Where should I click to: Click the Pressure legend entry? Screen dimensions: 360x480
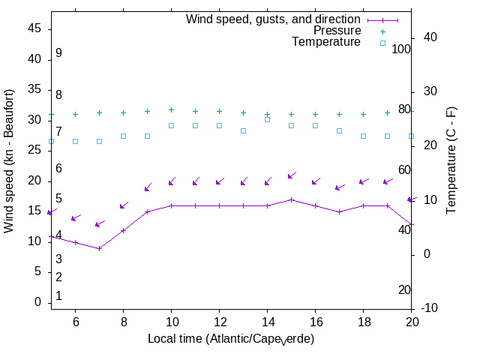coord(337,31)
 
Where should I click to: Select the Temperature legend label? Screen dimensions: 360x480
coord(326,42)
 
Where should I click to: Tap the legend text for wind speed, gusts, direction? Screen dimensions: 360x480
coord(274,19)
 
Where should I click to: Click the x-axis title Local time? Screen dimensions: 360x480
coord(230,339)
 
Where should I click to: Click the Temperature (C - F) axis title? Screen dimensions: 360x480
coord(452,159)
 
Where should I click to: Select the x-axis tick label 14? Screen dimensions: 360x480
coord(267,321)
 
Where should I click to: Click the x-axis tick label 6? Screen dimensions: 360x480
coord(75,321)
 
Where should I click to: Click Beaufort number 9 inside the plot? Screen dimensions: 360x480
coord(58,53)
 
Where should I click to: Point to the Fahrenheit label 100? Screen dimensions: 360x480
coord(402,49)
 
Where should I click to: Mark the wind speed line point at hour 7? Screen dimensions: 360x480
coord(99,248)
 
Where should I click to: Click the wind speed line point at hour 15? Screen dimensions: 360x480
coord(291,199)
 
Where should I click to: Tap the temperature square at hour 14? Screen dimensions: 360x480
coord(267,119)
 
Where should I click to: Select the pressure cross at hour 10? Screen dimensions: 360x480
coord(171,109)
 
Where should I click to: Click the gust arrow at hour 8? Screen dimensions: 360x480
coord(123,205)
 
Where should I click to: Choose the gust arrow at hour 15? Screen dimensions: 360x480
coord(291,175)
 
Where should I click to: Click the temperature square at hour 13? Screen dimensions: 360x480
coord(243,130)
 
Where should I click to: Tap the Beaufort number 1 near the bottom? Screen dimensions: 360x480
coord(58,296)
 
